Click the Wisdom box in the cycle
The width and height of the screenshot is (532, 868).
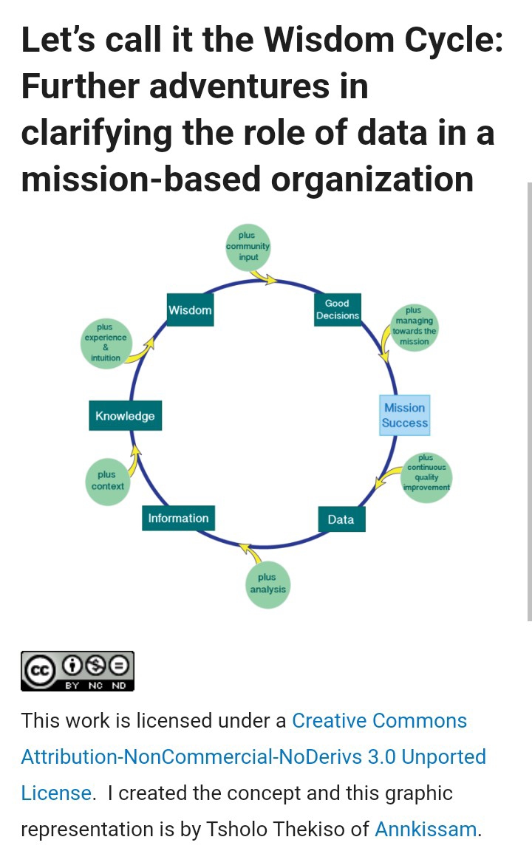click(190, 310)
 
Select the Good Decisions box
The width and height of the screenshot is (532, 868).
click(337, 310)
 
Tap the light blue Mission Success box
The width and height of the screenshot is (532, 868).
click(404, 415)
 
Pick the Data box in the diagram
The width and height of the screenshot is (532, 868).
click(341, 519)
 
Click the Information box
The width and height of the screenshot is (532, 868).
click(178, 519)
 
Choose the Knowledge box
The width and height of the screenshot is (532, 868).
click(125, 416)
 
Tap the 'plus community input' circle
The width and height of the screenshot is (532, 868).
click(248, 247)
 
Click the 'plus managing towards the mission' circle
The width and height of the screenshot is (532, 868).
click(414, 327)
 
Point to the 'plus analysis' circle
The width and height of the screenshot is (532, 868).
click(267, 584)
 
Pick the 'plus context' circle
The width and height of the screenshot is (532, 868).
click(108, 481)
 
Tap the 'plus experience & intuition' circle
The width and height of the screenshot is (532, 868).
click(106, 342)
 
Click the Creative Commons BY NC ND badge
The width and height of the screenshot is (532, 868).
click(78, 671)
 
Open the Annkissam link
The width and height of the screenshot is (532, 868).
click(426, 829)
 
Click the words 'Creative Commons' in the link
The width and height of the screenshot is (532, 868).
click(379, 720)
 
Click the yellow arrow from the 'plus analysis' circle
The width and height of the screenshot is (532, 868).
click(250, 553)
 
